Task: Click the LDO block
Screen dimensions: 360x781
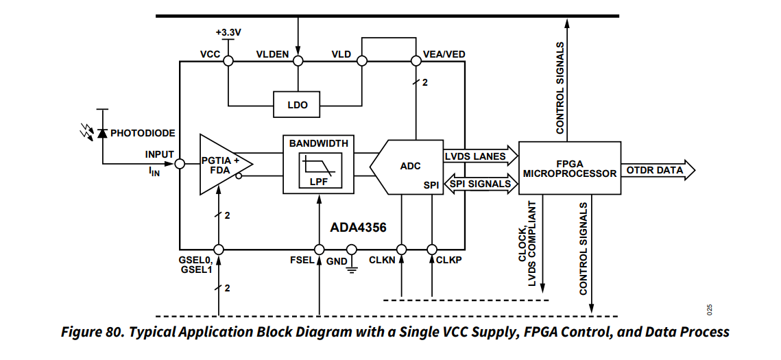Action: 297,105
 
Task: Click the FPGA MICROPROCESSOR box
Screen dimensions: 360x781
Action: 569,169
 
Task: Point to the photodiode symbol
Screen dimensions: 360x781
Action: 102,133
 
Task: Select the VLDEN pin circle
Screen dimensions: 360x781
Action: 298,61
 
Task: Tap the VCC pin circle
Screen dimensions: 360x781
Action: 228,61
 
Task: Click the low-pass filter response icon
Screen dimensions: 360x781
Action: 318,167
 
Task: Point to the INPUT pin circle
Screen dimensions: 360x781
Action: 179,164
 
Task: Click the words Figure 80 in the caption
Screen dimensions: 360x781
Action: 90,333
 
